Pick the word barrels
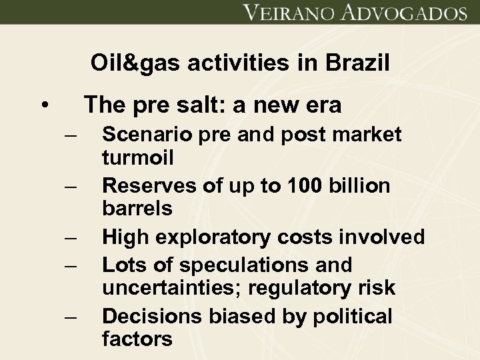click(x=137, y=208)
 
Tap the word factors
click(x=137, y=339)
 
